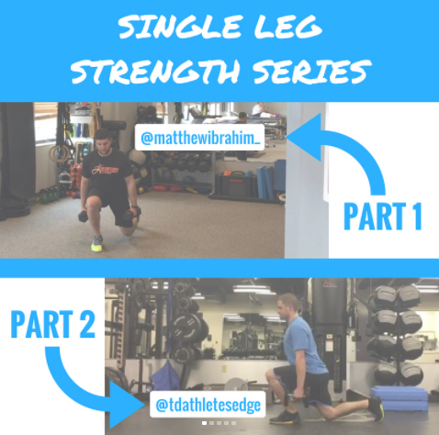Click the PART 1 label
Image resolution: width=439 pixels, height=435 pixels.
(382, 217)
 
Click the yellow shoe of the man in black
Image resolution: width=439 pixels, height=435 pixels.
(96, 243)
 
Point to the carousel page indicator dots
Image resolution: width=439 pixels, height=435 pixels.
(219, 423)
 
